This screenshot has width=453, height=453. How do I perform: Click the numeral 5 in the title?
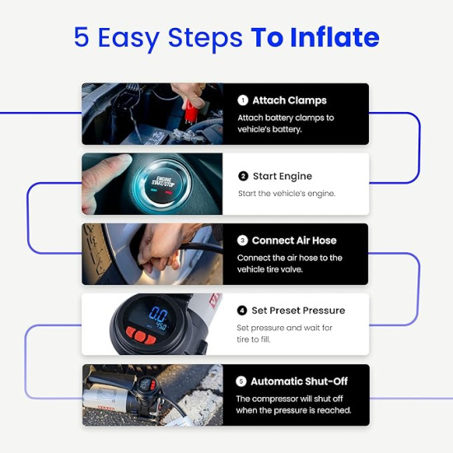(x=81, y=37)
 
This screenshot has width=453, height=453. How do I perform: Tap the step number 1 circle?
(x=243, y=100)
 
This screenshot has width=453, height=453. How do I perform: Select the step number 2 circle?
(x=243, y=176)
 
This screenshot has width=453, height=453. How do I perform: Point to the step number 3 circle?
(x=243, y=241)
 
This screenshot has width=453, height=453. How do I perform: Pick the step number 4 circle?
(x=242, y=311)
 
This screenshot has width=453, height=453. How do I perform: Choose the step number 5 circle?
(x=242, y=381)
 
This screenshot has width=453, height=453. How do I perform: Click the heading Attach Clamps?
(x=289, y=100)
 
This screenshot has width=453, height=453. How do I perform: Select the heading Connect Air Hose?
(x=295, y=241)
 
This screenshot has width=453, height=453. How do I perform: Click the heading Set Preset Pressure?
(x=297, y=311)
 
